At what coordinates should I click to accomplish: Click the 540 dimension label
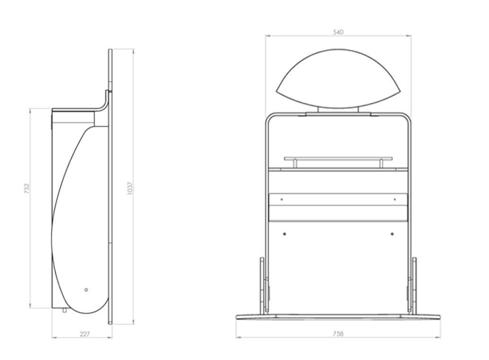pos(338,32)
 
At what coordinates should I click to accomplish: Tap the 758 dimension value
pos(338,334)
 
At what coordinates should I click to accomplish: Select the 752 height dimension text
pos(26,189)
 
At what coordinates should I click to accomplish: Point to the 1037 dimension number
pos(130,189)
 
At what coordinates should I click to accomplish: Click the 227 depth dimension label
pos(85,334)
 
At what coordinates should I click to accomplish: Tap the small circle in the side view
pos(86,290)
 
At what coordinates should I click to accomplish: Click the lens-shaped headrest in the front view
pos(338,78)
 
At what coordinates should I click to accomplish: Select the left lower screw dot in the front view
pos(284,234)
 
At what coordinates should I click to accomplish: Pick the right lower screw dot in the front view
pos(392,234)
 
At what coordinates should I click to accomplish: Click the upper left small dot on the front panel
pos(281,199)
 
